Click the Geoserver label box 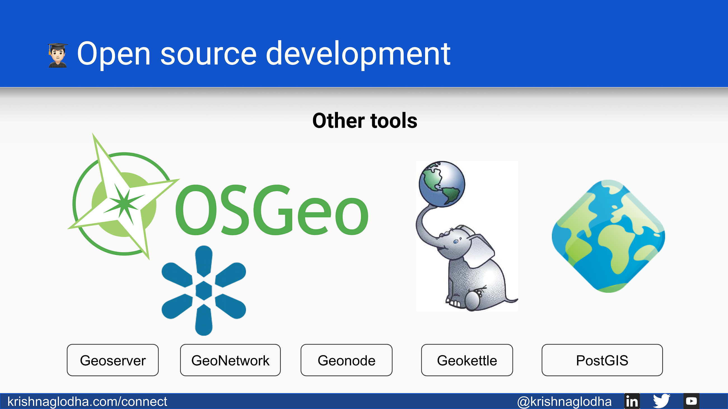(x=113, y=360)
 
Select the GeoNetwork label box (x=230, y=360)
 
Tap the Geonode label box (x=346, y=360)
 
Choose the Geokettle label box (x=467, y=360)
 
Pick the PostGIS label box (x=602, y=360)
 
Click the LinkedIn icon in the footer (x=632, y=401)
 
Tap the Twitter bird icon (x=662, y=401)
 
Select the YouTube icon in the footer (x=691, y=401)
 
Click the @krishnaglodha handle (x=564, y=401)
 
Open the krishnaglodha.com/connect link (x=87, y=401)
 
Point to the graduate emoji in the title (x=58, y=55)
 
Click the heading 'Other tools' (x=365, y=120)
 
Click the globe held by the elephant (x=442, y=184)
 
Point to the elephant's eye (x=456, y=241)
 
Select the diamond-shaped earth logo (x=608, y=236)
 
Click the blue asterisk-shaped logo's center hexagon (x=204, y=290)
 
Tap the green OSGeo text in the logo (x=272, y=210)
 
